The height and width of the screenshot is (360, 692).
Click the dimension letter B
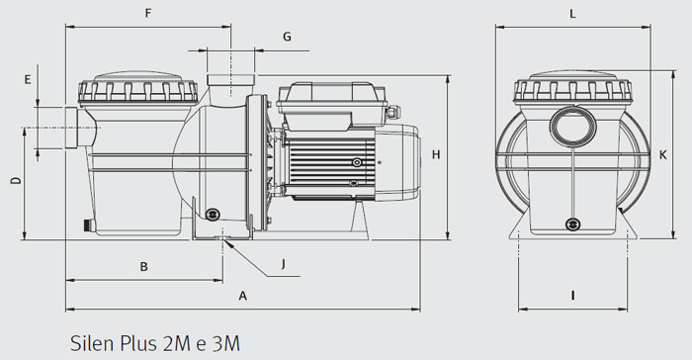tap(143, 266)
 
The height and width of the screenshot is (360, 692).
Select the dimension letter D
tap(13, 182)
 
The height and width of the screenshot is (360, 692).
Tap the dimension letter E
tap(28, 78)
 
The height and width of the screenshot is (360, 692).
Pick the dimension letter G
tap(287, 37)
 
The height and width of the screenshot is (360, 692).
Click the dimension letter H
tap(436, 153)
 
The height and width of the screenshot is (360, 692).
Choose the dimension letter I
tap(573, 295)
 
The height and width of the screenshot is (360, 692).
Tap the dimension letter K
tap(663, 153)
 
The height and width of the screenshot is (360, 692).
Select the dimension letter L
tap(573, 14)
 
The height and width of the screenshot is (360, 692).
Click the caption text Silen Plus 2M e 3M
tap(155, 343)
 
